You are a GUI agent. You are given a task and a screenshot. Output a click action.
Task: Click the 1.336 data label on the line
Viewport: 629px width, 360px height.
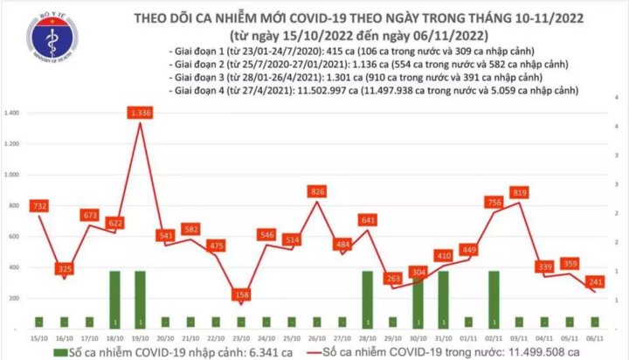pyautogui.click(x=141, y=114)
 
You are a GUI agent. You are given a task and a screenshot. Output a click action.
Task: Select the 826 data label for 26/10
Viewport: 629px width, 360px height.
pyautogui.click(x=317, y=190)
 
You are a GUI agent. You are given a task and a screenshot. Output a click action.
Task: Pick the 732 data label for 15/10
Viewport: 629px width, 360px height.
pyautogui.click(x=38, y=205)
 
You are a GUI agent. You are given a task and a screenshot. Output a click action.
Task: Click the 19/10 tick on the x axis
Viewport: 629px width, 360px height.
pyautogui.click(x=141, y=336)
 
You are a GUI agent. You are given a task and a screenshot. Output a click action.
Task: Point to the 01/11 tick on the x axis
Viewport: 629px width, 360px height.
pyautogui.click(x=468, y=336)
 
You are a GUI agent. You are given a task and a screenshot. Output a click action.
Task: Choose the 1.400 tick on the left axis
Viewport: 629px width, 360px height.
pyautogui.click(x=12, y=114)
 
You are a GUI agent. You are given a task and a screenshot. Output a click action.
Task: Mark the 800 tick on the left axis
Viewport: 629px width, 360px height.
pyautogui.click(x=14, y=205)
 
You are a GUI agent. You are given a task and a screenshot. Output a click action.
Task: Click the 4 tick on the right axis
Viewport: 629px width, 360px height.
pyautogui.click(x=619, y=128)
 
